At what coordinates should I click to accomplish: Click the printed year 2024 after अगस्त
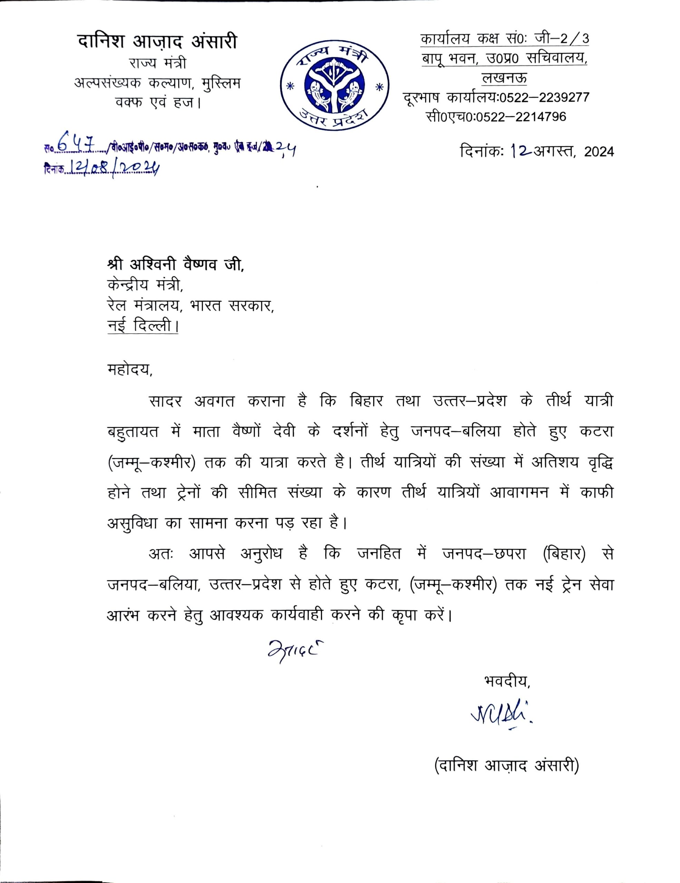click(x=599, y=152)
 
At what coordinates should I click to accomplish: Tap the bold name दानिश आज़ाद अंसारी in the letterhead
click(x=157, y=42)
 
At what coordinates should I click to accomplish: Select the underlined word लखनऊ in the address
click(x=504, y=78)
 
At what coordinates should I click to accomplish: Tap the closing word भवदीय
click(x=506, y=681)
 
